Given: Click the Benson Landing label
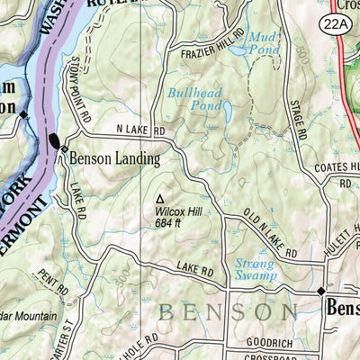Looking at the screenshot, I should (x=114, y=160).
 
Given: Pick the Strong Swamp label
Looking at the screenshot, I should (x=255, y=271).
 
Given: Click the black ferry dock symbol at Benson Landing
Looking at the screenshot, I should (x=56, y=141).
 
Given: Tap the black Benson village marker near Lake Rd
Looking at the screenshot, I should (x=320, y=291).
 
